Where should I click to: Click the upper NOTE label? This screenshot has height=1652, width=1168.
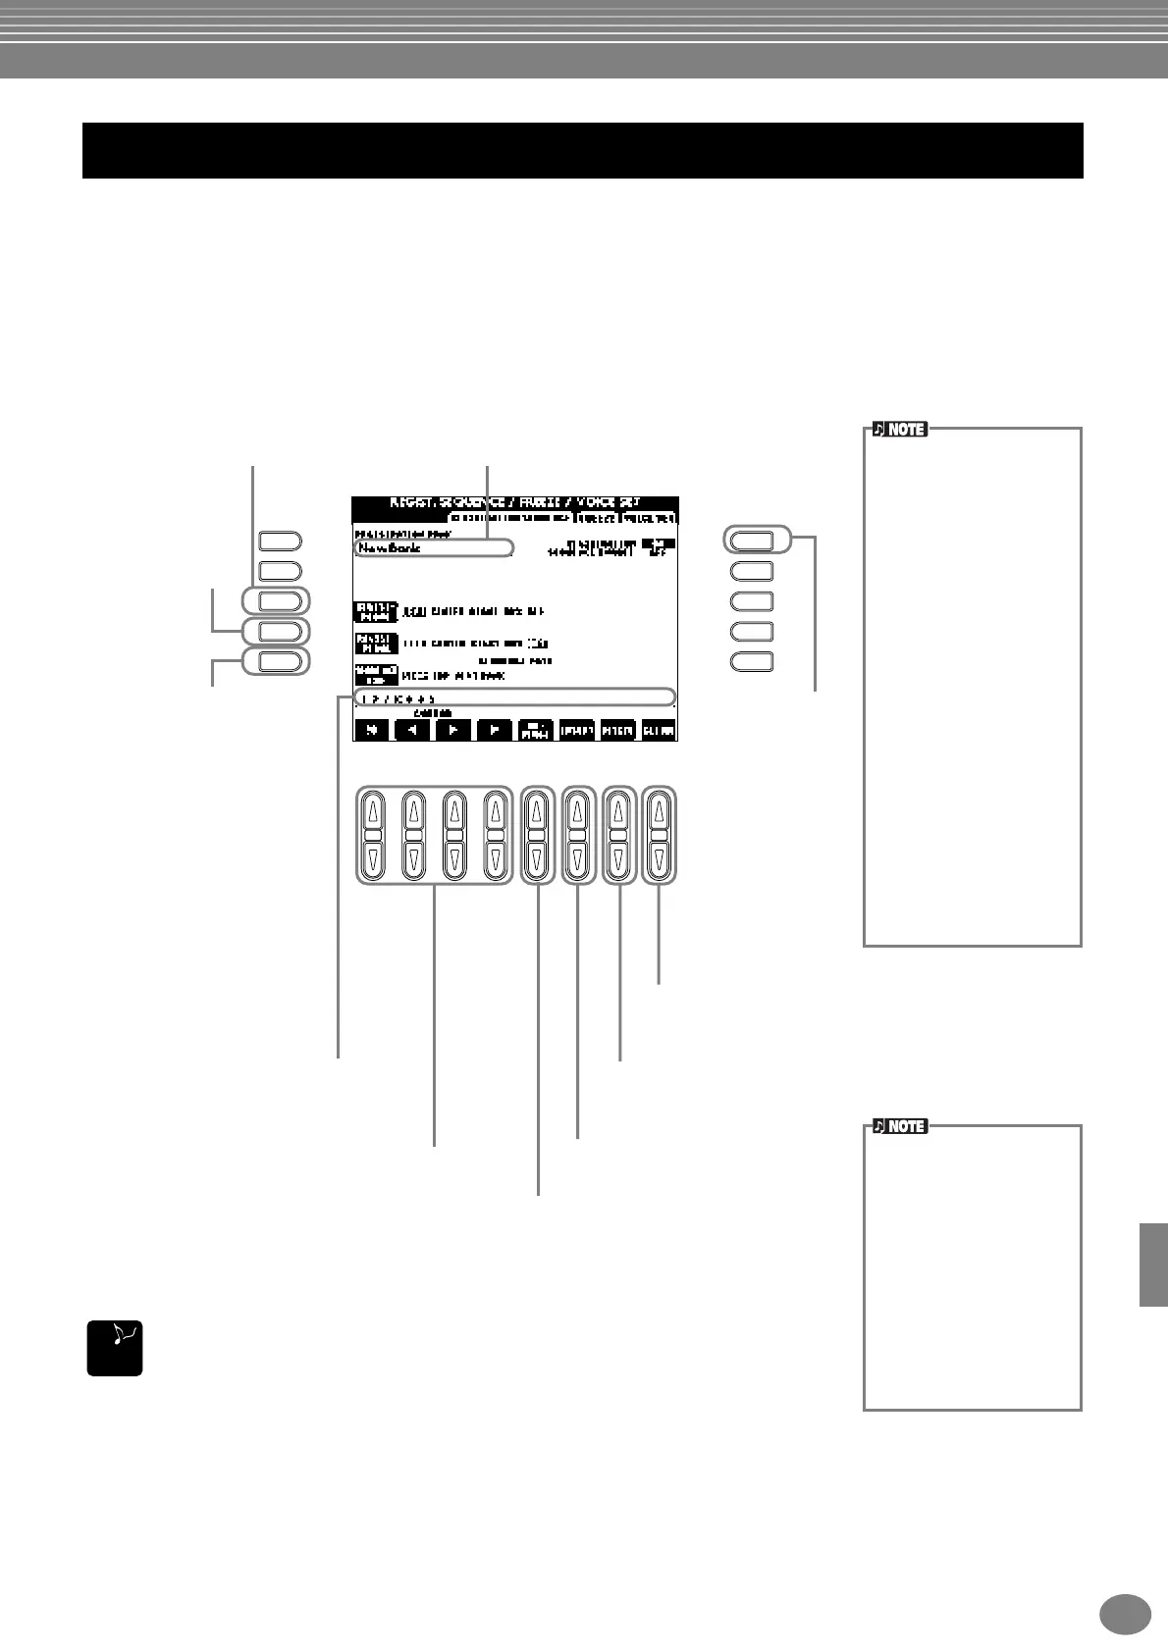pyautogui.click(x=899, y=430)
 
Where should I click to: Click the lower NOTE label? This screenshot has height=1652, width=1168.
pyautogui.click(x=899, y=1127)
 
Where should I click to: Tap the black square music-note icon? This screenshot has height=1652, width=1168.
pyautogui.click(x=115, y=1348)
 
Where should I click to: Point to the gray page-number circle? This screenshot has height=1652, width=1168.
pyautogui.click(x=1125, y=1614)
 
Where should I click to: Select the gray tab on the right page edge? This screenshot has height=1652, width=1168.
pyautogui.click(x=1153, y=1264)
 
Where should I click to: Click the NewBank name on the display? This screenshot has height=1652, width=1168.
pyautogui.click(x=391, y=548)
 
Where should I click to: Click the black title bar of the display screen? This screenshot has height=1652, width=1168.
pyautogui.click(x=514, y=502)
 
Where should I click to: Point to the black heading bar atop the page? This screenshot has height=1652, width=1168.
pyautogui.click(x=582, y=150)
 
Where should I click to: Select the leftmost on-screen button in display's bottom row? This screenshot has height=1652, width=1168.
pyautogui.click(x=371, y=730)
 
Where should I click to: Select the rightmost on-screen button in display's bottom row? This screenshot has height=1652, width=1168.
pyautogui.click(x=659, y=730)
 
